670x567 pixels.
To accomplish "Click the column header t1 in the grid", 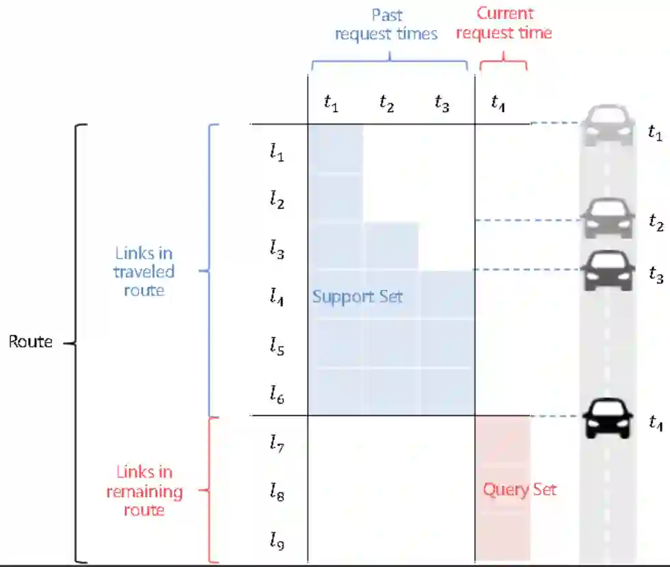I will [331, 105].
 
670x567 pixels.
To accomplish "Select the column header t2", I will [387, 105].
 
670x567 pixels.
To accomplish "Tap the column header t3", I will [442, 105].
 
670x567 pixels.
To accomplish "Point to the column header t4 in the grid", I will [498, 105].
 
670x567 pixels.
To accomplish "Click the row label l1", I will [276, 153].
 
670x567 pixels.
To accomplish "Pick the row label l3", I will [276, 250].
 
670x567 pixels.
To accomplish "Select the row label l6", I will [276, 395].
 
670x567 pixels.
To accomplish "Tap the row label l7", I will [276, 445].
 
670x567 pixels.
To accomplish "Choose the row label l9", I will [276, 542].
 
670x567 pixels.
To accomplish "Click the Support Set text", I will [357, 297].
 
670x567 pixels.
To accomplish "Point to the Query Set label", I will [520, 490].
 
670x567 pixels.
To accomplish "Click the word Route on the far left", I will [30, 341].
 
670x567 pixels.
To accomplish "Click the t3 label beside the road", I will [656, 274].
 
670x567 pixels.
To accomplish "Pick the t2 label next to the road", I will [656, 222].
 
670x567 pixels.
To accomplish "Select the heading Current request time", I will [504, 23].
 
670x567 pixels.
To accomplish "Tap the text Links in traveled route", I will [144, 272].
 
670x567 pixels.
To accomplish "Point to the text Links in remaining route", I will [144, 491].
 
